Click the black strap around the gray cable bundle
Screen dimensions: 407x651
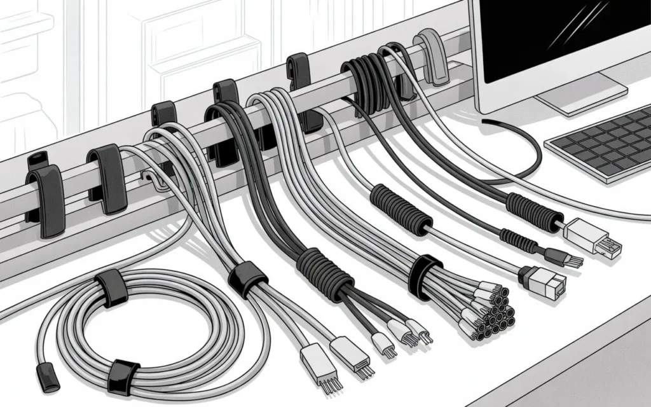(247, 278)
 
